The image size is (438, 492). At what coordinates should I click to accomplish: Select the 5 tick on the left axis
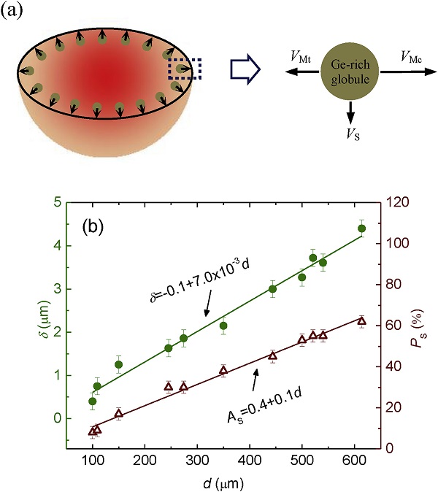[x=55, y=202]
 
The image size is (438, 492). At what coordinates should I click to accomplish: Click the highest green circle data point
[x=361, y=229]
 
